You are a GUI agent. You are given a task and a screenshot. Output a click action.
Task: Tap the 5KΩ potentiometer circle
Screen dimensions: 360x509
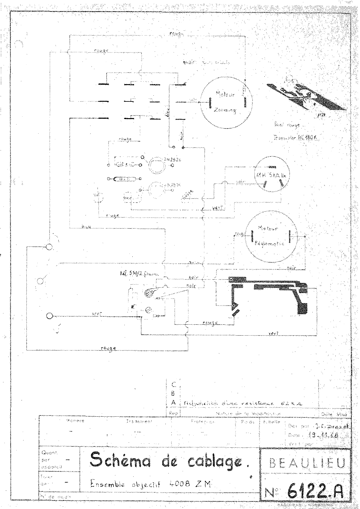(x=271, y=175)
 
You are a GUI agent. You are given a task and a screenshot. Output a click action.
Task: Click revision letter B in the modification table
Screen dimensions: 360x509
(x=174, y=393)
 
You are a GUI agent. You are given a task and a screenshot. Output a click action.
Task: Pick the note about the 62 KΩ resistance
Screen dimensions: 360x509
(x=243, y=403)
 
